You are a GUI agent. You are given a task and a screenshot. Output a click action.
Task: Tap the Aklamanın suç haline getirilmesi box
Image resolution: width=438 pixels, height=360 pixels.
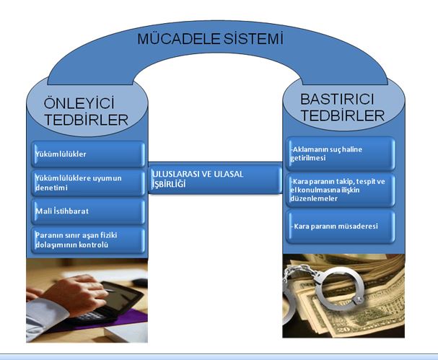click(x=339, y=152)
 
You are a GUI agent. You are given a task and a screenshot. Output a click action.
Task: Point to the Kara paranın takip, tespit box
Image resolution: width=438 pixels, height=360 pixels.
click(x=339, y=189)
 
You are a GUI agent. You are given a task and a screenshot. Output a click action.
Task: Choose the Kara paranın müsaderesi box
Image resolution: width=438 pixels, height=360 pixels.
click(x=339, y=227)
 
